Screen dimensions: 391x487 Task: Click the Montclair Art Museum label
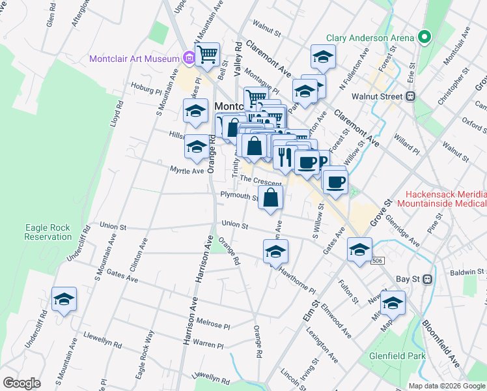(134, 59)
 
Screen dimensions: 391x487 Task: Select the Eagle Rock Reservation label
(48, 232)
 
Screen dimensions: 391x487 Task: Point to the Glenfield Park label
(387, 356)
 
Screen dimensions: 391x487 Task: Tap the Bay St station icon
(428, 279)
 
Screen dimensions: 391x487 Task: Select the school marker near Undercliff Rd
(64, 299)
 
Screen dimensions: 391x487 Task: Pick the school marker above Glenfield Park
(392, 303)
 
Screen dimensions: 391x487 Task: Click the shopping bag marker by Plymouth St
(270, 197)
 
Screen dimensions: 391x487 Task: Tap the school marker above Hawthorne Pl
(275, 252)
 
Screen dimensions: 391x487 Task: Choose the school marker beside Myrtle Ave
(196, 147)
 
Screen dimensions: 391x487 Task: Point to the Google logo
(21, 383)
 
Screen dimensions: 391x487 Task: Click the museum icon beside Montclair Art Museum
(189, 59)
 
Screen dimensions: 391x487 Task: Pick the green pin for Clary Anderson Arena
(424, 37)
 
